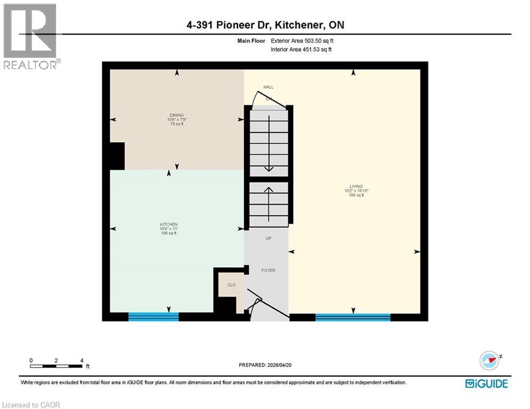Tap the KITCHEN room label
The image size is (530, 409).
pos(168,224)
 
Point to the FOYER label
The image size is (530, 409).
pos(268,271)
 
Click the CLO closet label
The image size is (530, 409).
pos(232,285)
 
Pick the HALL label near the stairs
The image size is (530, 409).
pos(268,87)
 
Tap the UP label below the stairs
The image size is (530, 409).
pos(269,238)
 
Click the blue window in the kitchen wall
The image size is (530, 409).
pos(153,317)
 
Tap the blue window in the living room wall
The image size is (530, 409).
pos(353,317)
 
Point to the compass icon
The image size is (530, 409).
pos(488,361)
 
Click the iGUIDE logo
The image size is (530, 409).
pos(486,383)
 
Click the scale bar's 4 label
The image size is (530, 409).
pos(81,361)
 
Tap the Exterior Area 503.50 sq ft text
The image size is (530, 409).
pos(303,40)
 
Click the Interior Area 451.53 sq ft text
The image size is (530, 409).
pos(302,50)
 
